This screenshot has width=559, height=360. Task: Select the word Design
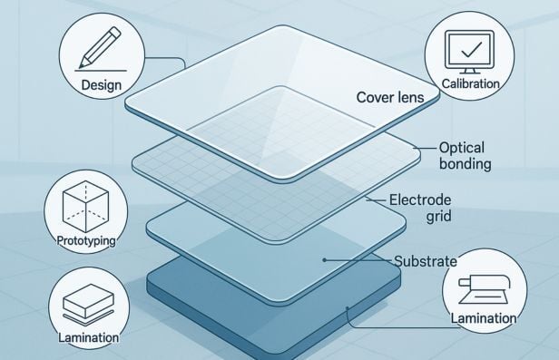101,85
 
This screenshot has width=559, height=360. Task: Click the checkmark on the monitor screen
470,47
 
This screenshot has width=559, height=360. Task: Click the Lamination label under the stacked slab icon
87,337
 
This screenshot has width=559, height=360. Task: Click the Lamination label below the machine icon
483,318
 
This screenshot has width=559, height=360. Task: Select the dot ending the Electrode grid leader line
366,199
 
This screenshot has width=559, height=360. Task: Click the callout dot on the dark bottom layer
348,309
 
